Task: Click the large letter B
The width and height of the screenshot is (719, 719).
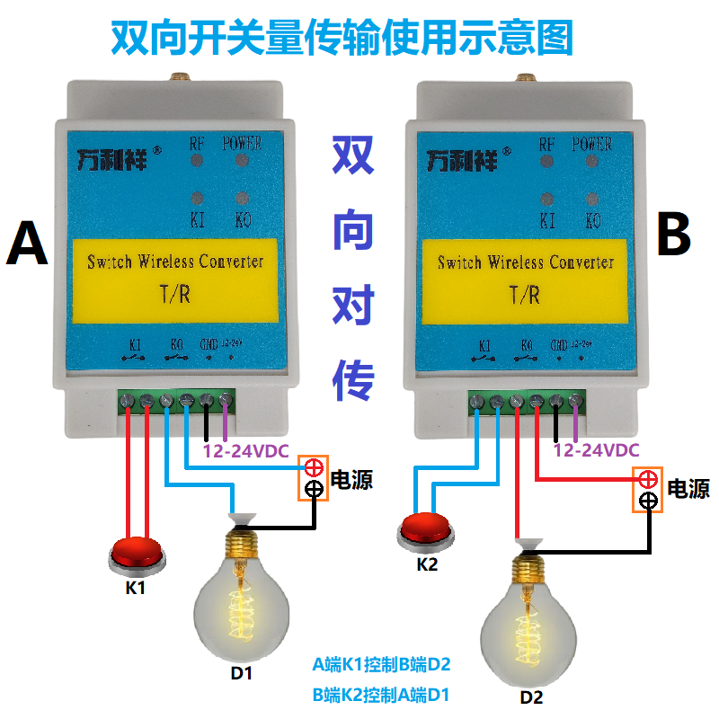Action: (x=674, y=236)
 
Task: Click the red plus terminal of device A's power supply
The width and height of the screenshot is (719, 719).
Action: (x=314, y=467)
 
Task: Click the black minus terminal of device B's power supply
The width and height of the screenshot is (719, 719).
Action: (x=648, y=502)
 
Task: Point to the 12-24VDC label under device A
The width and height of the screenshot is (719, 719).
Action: (x=244, y=451)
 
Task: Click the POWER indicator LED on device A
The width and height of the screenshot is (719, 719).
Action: (x=241, y=161)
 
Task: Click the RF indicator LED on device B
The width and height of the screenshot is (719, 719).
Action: (x=546, y=161)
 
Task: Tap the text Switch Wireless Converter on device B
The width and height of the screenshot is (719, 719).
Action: (x=526, y=262)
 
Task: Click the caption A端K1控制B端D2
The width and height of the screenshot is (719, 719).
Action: (x=381, y=666)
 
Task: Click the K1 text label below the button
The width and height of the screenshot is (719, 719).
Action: (x=135, y=590)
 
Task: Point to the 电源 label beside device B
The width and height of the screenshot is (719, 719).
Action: (x=688, y=489)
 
